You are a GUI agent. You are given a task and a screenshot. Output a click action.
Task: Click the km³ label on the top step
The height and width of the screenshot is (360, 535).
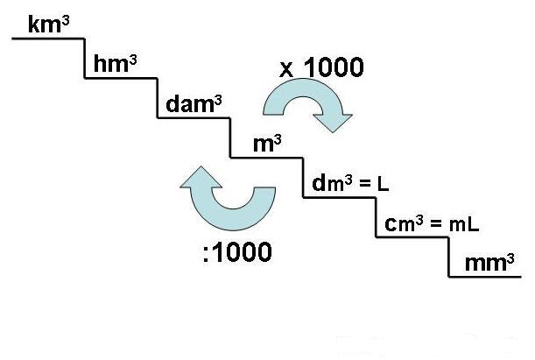pos(48,25)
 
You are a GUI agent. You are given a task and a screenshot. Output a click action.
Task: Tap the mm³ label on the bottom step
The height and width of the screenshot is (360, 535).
pos(482,262)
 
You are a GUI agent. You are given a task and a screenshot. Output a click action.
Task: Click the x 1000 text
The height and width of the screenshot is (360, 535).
pos(320,67)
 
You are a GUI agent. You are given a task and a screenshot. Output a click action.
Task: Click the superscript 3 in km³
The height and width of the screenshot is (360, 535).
pos(66,18)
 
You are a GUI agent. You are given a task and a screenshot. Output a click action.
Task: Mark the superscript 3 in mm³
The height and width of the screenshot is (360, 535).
pos(509,256)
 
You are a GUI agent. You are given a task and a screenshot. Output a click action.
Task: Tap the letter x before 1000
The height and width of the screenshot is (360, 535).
pos(285,69)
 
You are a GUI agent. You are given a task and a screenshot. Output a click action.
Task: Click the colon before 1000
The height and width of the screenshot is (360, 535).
pos(204,254)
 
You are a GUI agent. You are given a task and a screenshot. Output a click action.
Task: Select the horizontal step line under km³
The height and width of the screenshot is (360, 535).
pos(48,39)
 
